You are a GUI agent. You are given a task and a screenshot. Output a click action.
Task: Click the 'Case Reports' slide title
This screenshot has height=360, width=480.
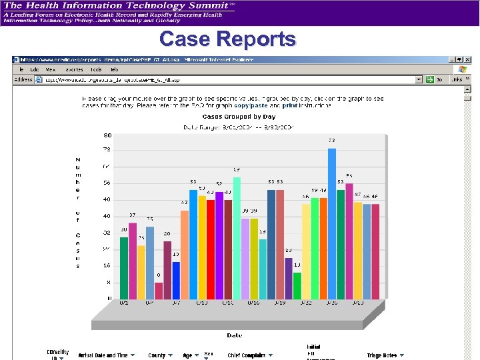click(x=227, y=39)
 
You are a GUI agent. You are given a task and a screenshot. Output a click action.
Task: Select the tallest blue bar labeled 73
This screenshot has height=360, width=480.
click(x=332, y=224)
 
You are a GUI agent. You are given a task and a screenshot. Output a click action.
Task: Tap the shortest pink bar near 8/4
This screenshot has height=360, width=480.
click(x=159, y=291)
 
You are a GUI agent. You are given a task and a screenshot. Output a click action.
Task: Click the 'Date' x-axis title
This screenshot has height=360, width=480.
click(x=234, y=335)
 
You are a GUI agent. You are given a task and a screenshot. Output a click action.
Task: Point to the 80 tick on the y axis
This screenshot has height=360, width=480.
click(x=107, y=135)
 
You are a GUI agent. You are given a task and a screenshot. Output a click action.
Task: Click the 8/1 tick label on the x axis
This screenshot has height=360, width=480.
click(x=124, y=303)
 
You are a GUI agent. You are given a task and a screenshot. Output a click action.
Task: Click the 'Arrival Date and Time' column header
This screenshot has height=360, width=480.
click(x=103, y=355)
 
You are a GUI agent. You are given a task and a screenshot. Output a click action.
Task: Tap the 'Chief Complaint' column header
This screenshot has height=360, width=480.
click(x=246, y=355)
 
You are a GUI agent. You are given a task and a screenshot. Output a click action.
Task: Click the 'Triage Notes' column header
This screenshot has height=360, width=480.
click(x=382, y=355)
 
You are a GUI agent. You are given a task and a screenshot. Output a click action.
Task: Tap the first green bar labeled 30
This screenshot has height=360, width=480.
click(x=124, y=268)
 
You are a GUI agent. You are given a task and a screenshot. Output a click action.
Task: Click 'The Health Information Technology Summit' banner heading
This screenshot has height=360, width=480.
click(x=118, y=5)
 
